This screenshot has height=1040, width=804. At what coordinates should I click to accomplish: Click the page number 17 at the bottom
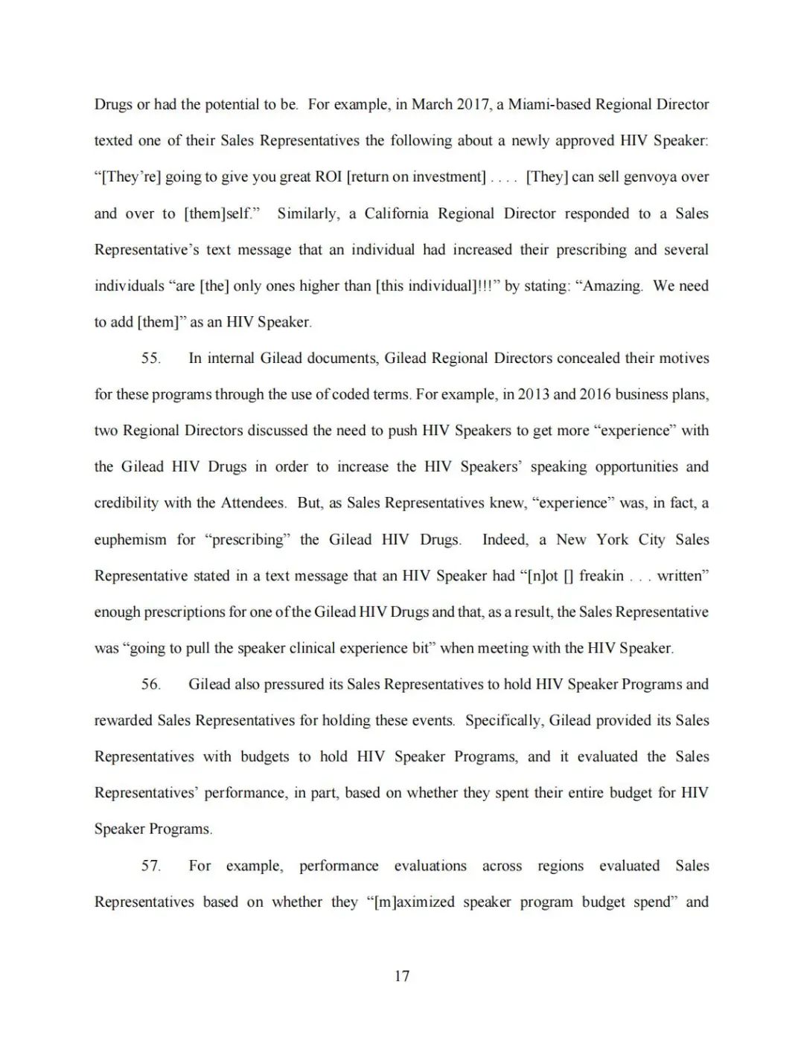click(402, 976)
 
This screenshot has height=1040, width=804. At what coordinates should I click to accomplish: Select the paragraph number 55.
click(150, 358)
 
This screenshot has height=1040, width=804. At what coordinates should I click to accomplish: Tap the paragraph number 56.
click(150, 684)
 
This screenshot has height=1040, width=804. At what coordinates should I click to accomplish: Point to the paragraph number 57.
click(150, 865)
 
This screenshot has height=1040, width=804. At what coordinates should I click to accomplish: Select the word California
click(396, 214)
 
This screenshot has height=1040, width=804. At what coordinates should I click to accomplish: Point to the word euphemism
click(130, 539)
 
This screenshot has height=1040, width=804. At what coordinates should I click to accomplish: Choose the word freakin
click(602, 576)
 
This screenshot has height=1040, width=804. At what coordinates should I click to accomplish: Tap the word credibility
click(127, 503)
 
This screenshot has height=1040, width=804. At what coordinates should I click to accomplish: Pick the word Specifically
click(503, 720)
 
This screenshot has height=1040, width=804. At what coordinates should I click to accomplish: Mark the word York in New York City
click(612, 539)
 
